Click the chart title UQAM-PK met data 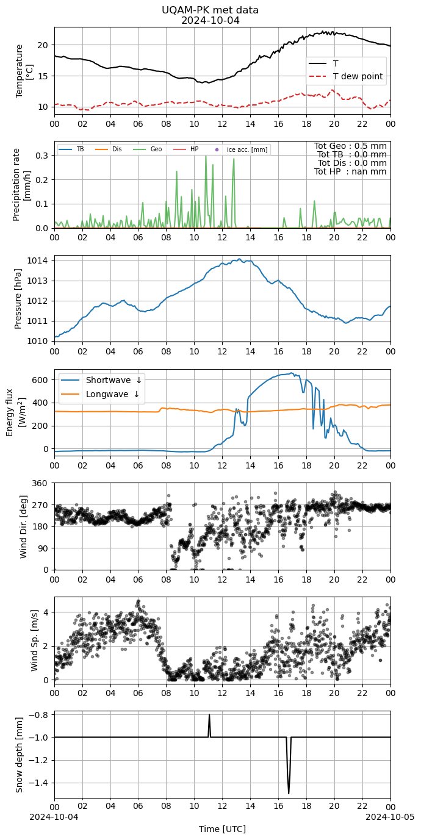pyautogui.click(x=210, y=10)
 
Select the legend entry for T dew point pyautogui.click(x=345, y=76)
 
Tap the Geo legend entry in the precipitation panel pyautogui.click(x=148, y=149)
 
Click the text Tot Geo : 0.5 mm pyautogui.click(x=350, y=146)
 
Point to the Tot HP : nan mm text pyautogui.click(x=350, y=172)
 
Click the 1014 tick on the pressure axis pyautogui.click(x=40, y=260)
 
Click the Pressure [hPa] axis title pyautogui.click(x=18, y=298)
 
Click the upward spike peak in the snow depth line pyautogui.click(x=209, y=715)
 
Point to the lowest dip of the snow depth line pyautogui.click(x=289, y=794)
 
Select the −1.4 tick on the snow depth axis pyautogui.click(x=40, y=783)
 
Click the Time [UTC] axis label pyautogui.click(x=222, y=829)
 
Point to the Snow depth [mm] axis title pyautogui.click(x=19, y=755)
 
